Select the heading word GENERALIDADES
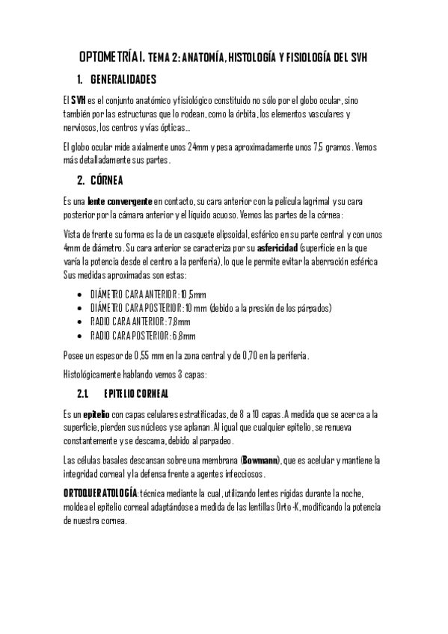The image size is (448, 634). [123, 79]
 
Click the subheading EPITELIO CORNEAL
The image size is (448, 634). [136, 393]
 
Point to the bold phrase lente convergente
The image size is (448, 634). [120, 201]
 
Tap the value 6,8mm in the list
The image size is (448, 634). [184, 336]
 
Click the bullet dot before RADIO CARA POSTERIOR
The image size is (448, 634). [79, 336]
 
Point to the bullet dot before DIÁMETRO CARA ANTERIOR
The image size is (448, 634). [79, 294]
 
